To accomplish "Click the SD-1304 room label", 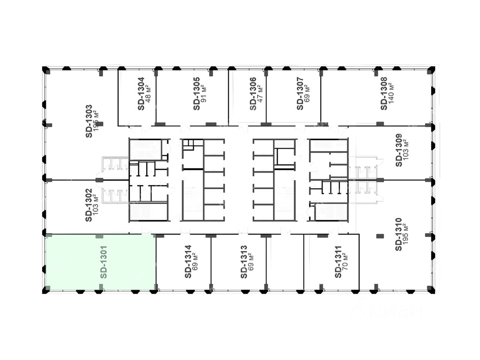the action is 141,94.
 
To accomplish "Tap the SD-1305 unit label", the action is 197,94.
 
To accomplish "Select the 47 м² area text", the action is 260,94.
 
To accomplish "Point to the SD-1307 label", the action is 300,94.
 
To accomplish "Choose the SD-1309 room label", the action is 399,150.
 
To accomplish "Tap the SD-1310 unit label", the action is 399,234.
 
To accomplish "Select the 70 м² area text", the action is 345,262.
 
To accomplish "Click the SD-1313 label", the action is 244,262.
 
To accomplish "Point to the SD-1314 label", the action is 188,262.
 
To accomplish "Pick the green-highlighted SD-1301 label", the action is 104,262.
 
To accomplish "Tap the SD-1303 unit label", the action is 88,121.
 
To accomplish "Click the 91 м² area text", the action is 204,94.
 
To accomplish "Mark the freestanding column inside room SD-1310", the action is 380,236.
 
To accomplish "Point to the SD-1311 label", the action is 338,262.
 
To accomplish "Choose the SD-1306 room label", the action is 253,94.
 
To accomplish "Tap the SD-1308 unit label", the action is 384,94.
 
